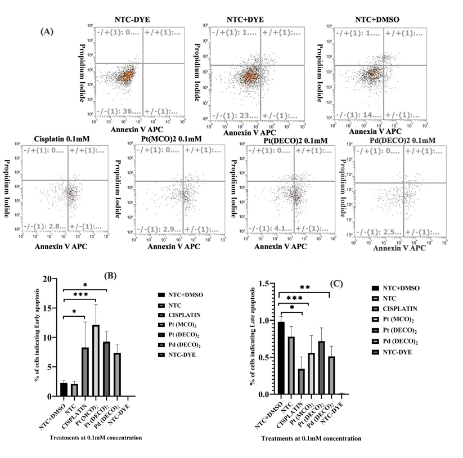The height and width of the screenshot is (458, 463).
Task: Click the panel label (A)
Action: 47,32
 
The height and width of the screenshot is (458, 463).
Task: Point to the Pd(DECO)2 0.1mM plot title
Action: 402,140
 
